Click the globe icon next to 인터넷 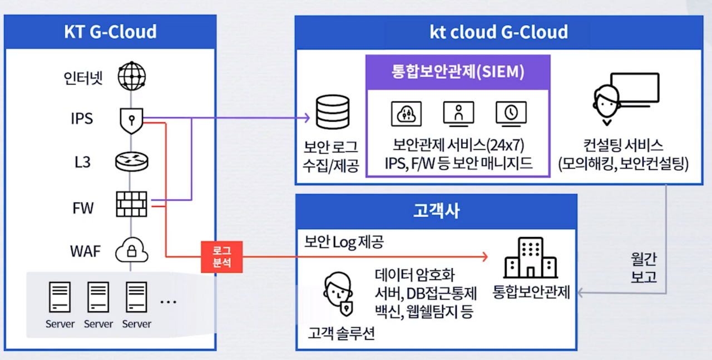131,76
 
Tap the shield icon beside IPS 131,120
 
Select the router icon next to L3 131,162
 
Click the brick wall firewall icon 132,204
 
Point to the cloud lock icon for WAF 132,251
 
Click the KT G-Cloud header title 110,32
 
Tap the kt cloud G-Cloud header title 498,32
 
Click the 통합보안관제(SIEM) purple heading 457,72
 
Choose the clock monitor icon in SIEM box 511,114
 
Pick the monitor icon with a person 458,114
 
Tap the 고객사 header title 436,210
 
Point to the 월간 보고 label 644,267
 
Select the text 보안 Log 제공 344,242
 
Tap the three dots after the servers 168,302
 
